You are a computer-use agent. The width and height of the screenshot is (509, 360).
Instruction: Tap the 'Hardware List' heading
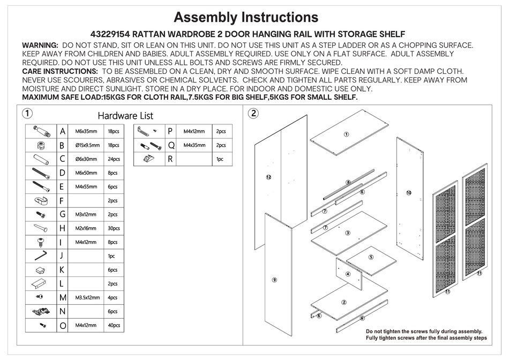tap(125, 115)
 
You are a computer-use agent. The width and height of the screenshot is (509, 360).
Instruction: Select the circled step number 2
tap(253, 113)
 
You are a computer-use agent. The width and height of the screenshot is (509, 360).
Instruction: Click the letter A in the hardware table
tap(63, 131)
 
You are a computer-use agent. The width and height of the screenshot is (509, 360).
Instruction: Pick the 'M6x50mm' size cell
tap(86, 172)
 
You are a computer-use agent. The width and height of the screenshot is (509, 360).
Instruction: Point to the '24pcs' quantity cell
tap(114, 159)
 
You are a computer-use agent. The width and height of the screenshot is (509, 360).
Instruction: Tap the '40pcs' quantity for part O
tap(114, 325)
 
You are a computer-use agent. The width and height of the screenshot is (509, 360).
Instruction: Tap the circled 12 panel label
tap(268, 176)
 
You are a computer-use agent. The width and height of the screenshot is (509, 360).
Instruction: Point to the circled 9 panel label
tap(274, 279)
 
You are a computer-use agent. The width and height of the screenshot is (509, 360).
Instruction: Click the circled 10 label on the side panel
tap(408, 192)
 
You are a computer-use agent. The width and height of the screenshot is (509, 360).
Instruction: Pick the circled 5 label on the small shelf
tap(371, 257)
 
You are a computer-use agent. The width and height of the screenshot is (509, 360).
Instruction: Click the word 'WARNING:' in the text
tap(40, 45)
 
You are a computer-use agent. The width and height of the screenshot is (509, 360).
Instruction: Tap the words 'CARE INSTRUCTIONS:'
tap(59, 71)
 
